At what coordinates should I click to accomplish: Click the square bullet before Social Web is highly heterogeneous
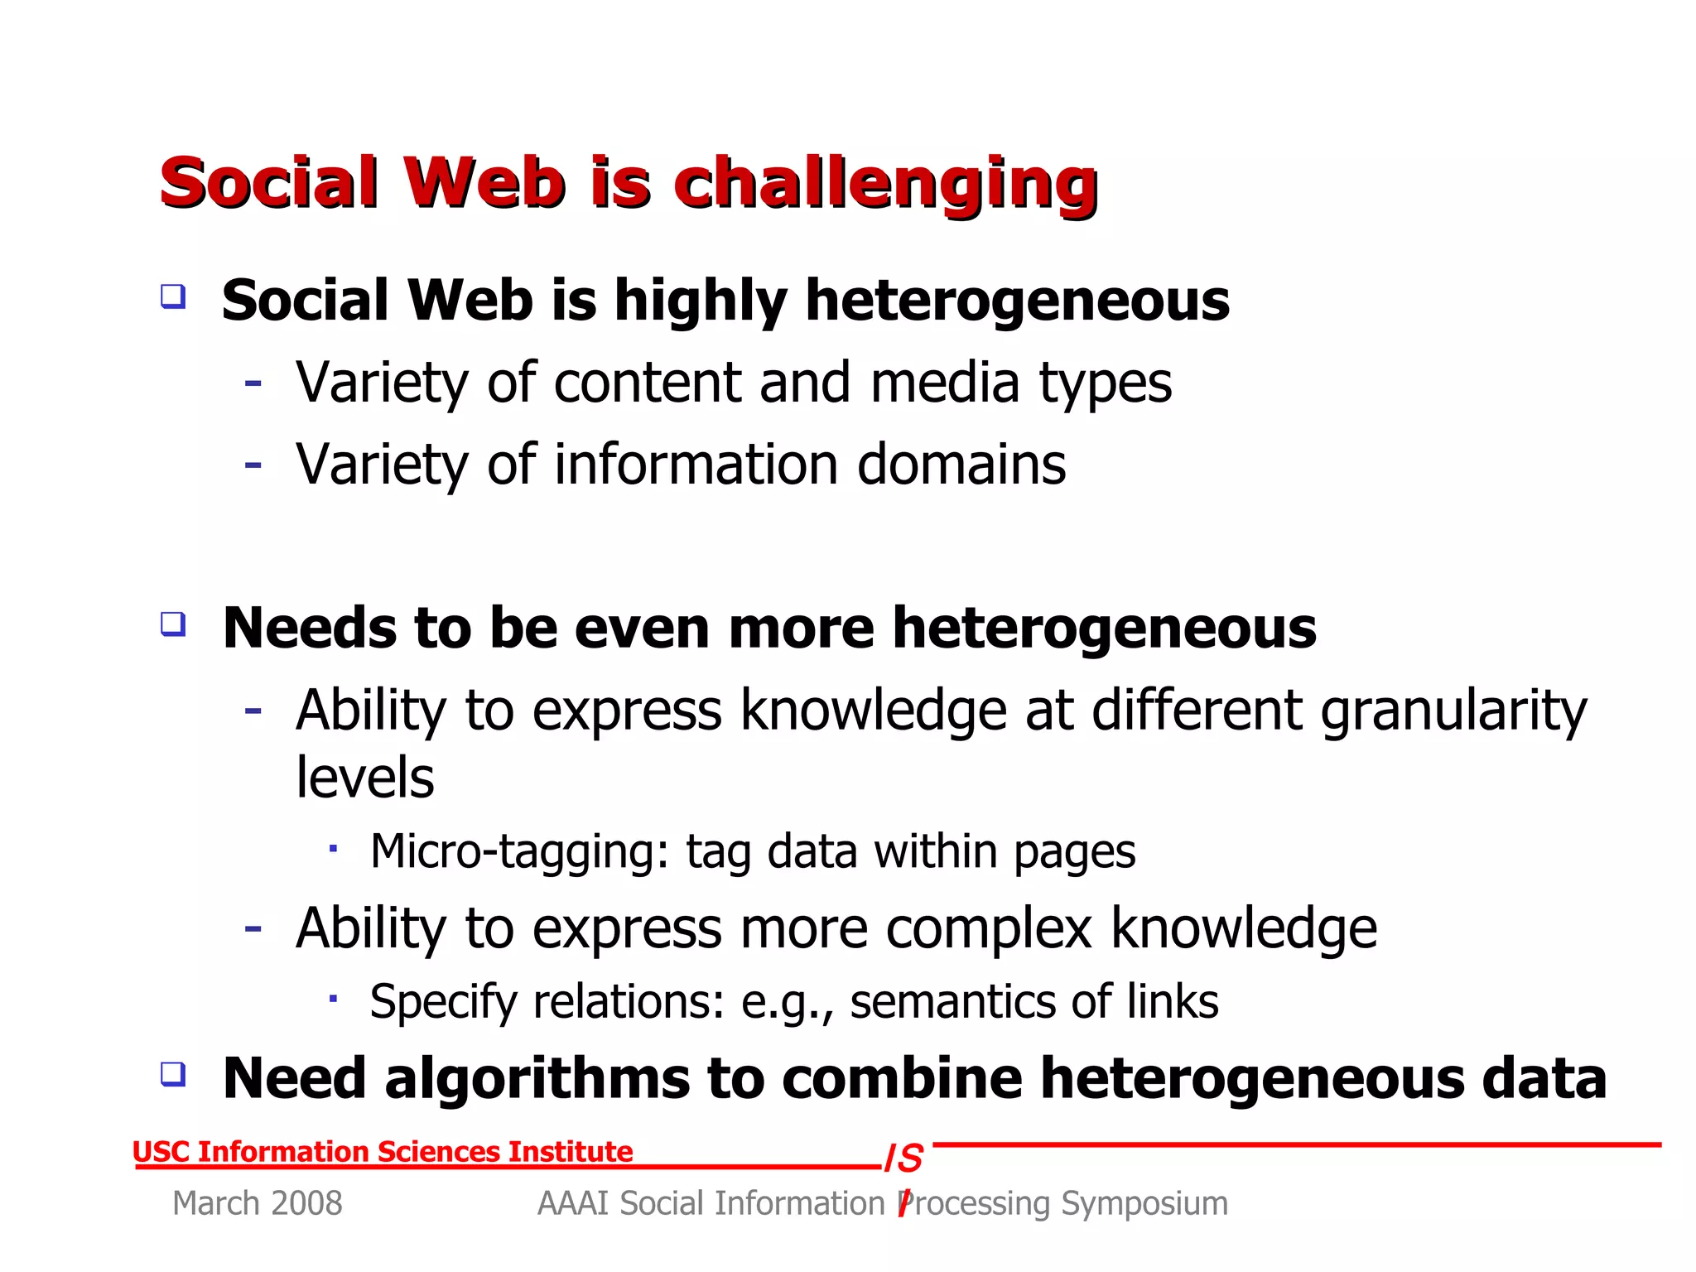173,296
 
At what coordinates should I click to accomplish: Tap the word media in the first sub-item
944,383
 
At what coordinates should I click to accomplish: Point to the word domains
961,465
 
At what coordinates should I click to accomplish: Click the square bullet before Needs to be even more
173,624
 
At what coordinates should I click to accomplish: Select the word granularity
1453,711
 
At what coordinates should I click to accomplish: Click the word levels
364,778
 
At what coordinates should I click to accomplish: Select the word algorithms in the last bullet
537,1079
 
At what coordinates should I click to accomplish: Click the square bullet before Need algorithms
173,1074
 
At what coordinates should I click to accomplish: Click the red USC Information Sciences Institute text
383,1152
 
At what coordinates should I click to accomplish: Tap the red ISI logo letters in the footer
905,1159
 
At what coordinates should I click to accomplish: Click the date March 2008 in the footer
257,1203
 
